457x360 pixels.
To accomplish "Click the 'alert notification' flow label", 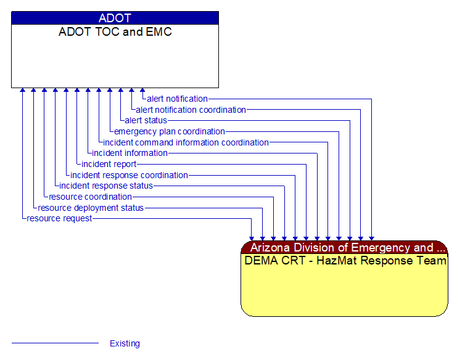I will (177, 99).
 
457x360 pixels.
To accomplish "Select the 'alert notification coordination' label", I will (191, 110).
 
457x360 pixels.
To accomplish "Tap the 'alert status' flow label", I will (146, 120).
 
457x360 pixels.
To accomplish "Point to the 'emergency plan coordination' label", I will (169, 131).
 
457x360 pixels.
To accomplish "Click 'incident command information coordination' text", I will (186, 142).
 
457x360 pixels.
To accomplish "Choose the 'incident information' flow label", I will (130, 153).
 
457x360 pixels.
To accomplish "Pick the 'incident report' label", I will (109, 164).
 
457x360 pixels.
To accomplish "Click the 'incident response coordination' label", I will (129, 175).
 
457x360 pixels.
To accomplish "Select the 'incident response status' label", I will (106, 186).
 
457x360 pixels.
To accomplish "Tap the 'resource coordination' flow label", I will (90, 197).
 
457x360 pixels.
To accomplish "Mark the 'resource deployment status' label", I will (91, 208).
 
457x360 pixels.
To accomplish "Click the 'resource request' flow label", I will (59, 218).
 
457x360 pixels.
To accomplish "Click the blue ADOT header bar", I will (115, 18).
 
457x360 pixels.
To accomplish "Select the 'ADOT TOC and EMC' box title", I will (115, 32).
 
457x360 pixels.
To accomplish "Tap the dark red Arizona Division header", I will (344, 248).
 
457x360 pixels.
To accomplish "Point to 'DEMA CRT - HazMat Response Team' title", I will (345, 261).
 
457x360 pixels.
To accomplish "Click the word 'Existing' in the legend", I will (125, 343).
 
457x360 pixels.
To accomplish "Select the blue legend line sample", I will (55, 343).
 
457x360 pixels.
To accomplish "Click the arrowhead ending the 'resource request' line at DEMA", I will (252, 237).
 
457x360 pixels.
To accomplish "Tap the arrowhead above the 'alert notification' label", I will (142, 91).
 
